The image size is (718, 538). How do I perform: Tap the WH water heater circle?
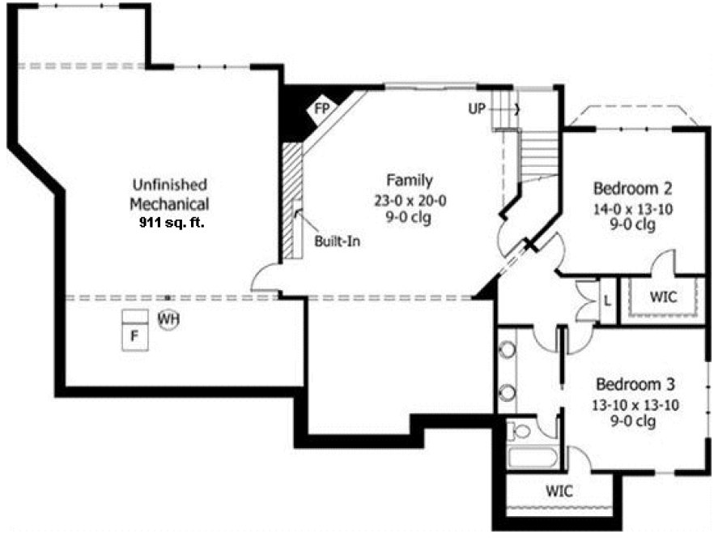tap(168, 319)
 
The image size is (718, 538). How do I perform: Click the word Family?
tap(408, 181)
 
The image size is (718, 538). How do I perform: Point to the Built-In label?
tap(337, 241)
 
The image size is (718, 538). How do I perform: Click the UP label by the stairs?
tap(477, 108)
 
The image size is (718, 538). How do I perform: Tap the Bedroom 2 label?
tap(633, 189)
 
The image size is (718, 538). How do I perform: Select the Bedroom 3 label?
tap(635, 384)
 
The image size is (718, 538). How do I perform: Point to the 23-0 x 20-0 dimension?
tap(408, 199)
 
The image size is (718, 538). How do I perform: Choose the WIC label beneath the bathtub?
tap(559, 491)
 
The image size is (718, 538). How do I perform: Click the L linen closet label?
tap(605, 300)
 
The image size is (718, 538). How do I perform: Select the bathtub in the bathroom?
tap(533, 458)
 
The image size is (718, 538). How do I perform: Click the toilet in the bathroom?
tap(518, 429)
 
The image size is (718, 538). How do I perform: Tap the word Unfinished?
tap(169, 185)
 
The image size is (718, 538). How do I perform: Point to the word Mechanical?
tap(169, 203)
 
